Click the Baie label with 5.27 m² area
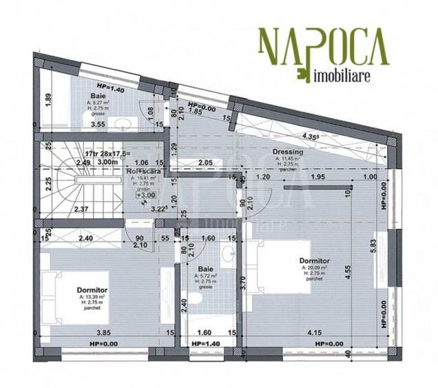tap(103, 97)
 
